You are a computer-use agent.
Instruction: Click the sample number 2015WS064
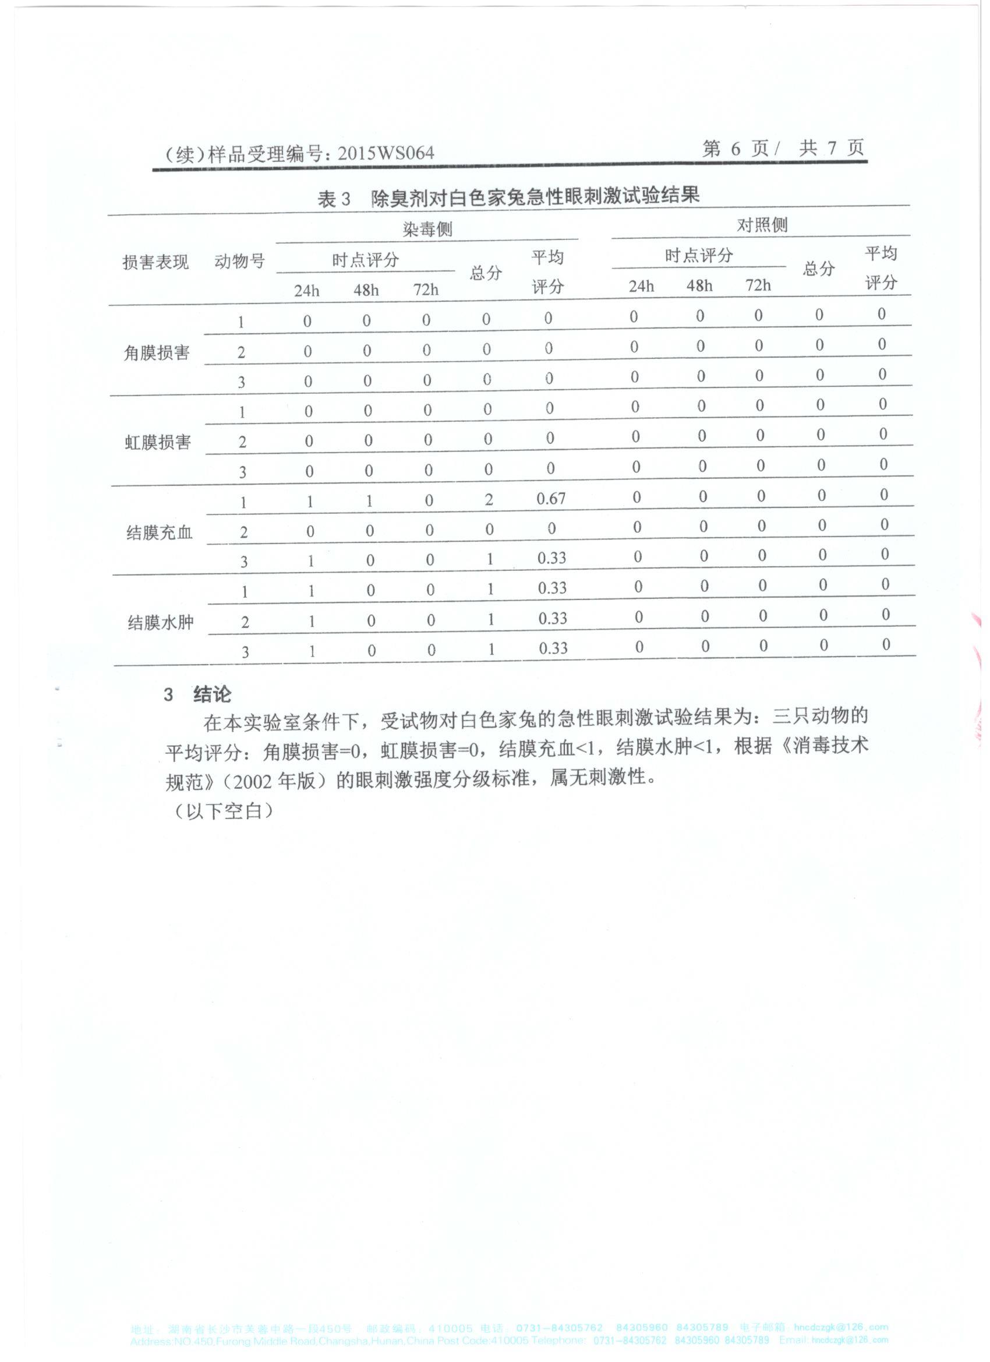386,153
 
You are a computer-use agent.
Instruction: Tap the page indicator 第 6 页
736,149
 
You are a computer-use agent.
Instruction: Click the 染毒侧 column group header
427,230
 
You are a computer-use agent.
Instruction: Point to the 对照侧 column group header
762,225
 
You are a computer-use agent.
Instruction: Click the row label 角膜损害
157,352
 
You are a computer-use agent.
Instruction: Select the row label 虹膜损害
158,443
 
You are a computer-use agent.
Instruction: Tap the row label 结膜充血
159,532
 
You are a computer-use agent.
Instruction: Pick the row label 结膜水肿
160,622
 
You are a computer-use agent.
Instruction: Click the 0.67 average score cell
551,499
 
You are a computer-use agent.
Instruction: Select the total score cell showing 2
489,499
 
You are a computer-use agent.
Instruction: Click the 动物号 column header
239,261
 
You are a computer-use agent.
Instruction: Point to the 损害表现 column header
155,262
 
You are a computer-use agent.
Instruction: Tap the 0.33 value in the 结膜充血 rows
551,558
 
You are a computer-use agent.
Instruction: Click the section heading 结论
212,695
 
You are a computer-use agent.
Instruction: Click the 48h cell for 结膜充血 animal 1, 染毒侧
369,501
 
